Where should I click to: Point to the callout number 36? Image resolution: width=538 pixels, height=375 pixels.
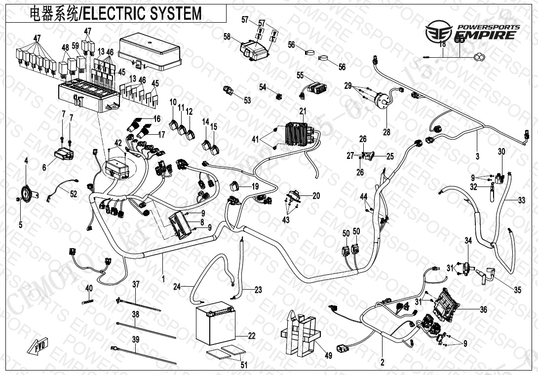(x=484, y=309)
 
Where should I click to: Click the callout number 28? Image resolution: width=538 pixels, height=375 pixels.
(x=386, y=132)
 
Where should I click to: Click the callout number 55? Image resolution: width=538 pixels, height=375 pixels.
(x=300, y=75)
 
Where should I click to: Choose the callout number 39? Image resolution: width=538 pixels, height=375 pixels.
(x=135, y=339)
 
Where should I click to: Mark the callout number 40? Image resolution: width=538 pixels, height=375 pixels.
(x=89, y=288)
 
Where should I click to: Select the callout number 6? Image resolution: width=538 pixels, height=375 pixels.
(x=44, y=168)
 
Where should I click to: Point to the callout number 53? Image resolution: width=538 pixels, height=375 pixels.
(x=247, y=100)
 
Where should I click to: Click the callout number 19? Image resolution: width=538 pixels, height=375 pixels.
(x=255, y=187)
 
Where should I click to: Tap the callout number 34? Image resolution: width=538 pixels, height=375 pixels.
(x=468, y=240)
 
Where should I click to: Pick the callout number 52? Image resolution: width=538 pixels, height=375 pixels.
(x=74, y=194)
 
